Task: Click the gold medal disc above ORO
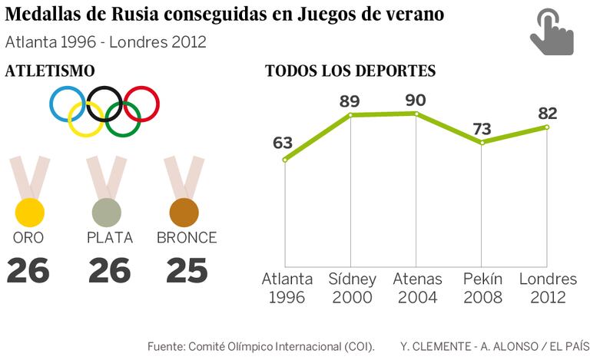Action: coord(29,211)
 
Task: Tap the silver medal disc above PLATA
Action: coord(107,212)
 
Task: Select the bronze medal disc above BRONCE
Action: coord(184,211)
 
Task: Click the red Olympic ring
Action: coord(141,104)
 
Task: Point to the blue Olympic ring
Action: coord(68,104)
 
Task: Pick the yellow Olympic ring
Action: coord(86,119)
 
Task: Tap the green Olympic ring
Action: coord(123,119)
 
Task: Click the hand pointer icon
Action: coord(552,32)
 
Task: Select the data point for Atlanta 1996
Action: coord(285,160)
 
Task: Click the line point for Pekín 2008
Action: coord(482,142)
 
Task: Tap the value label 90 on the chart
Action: coord(416,101)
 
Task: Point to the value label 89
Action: coord(350,101)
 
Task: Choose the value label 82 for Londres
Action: coord(547,114)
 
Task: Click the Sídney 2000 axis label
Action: coord(351,288)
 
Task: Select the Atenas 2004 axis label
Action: coord(416,288)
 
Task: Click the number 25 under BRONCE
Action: coord(186,270)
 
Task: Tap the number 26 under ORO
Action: coord(28,270)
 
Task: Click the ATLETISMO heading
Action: coord(50,71)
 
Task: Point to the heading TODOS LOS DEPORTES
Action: coord(350,71)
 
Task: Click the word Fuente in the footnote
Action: coord(165,346)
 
